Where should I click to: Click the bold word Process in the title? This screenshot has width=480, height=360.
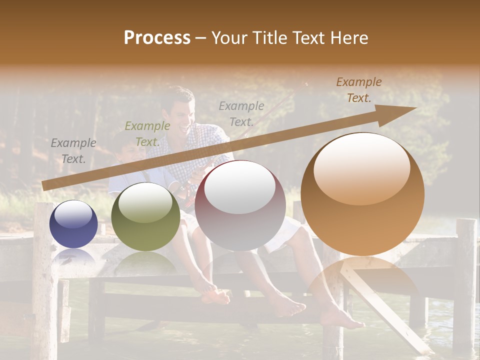tap(157, 37)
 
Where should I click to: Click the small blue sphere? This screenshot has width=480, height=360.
tap(73, 224)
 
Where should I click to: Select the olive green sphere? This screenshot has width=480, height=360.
tap(145, 216)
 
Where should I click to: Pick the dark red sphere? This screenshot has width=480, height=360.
tap(240, 205)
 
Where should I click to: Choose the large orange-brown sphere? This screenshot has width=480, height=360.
tap(362, 194)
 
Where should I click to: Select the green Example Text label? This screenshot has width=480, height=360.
tap(147, 134)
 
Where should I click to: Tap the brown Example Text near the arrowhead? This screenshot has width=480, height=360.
tap(358, 90)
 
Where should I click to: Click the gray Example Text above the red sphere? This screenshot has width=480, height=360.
tap(241, 113)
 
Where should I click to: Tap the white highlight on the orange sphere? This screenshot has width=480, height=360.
tap(361, 168)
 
